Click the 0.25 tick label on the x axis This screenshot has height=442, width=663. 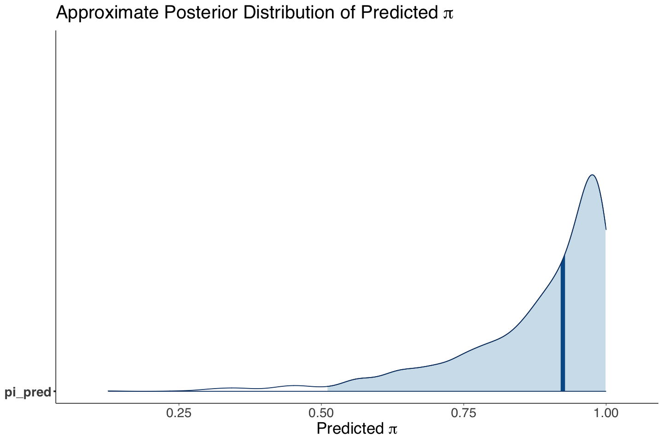(x=179, y=413)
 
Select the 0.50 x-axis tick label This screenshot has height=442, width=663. (x=321, y=413)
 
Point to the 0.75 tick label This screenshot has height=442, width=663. (x=464, y=413)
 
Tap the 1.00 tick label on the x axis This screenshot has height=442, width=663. (x=606, y=413)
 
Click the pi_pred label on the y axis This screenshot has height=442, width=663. (x=28, y=393)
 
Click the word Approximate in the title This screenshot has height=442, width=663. (x=107, y=13)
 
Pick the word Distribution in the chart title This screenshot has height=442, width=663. (x=289, y=13)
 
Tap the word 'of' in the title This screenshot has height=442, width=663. (x=348, y=13)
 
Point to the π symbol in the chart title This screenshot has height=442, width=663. (x=448, y=15)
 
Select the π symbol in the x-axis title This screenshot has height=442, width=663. (x=393, y=430)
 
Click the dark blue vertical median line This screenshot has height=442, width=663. (x=563, y=323)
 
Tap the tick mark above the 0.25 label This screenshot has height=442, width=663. (x=179, y=405)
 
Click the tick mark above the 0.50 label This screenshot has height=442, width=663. (x=321, y=405)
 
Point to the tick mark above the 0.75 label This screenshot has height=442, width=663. (x=464, y=405)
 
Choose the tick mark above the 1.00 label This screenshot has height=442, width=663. (x=606, y=405)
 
